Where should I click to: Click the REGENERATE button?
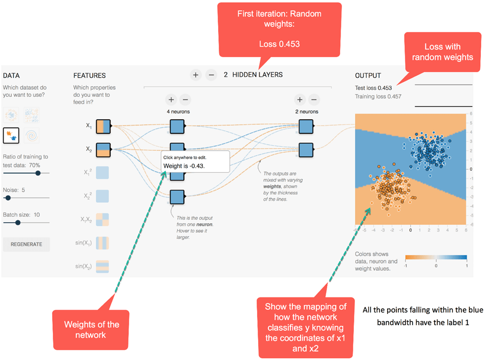pyautogui.click(x=26, y=244)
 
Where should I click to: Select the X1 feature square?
pyautogui.click(x=103, y=125)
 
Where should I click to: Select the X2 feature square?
pyautogui.click(x=103, y=149)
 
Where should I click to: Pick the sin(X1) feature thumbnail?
pyautogui.click(x=102, y=243)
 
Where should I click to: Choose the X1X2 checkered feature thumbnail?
pyautogui.click(x=102, y=220)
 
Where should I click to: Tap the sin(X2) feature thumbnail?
pyautogui.click(x=102, y=267)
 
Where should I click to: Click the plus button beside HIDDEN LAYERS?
pyautogui.click(x=196, y=75)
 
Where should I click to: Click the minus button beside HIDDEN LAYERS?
pyautogui.click(x=211, y=75)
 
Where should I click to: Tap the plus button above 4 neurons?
pyautogui.click(x=171, y=100)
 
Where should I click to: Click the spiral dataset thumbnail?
pyautogui.click(x=32, y=135)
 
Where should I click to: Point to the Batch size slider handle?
pyautogui.click(x=18, y=222)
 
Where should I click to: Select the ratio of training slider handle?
pyautogui.click(x=37, y=173)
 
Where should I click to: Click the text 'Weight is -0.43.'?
pyautogui.click(x=185, y=166)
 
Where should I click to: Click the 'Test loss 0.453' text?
pyautogui.click(x=373, y=88)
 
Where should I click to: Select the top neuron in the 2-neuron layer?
pyautogui.click(x=306, y=125)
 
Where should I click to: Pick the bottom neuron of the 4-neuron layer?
pyautogui.click(x=177, y=196)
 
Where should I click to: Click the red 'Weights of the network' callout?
pyautogui.click(x=92, y=329)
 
